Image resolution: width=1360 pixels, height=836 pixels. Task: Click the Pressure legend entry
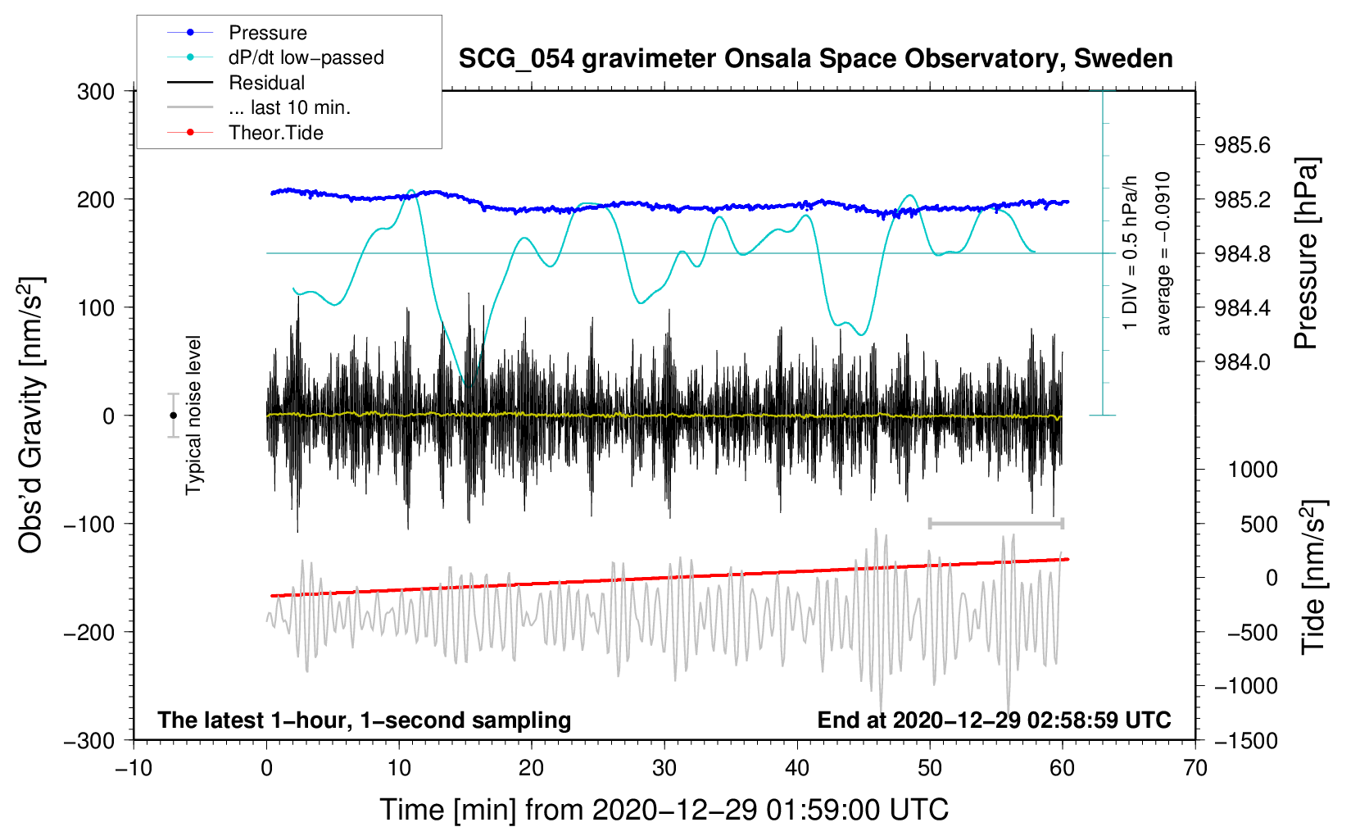(267, 33)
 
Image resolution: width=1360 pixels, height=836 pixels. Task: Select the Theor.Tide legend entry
(275, 133)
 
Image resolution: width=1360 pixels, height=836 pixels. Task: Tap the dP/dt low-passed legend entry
(306, 57)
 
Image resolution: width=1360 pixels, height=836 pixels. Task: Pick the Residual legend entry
(266, 83)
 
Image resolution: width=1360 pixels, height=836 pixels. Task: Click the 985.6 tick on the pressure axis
(1242, 146)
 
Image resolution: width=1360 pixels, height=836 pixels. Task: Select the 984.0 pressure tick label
(1242, 362)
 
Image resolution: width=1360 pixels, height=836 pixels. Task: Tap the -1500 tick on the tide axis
(1245, 740)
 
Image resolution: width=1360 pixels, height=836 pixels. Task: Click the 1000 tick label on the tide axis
(1253, 470)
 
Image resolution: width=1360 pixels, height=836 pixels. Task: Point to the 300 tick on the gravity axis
(96, 91)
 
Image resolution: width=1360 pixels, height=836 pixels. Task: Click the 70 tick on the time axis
(1195, 768)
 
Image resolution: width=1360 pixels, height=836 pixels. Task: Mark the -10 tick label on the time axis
(134, 768)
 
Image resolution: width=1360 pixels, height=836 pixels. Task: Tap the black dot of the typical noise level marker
(174, 416)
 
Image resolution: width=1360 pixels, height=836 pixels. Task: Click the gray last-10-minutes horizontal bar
(995, 523)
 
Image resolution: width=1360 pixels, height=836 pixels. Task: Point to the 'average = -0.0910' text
(1163, 254)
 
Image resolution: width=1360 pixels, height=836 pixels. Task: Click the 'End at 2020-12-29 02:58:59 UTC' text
(994, 720)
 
